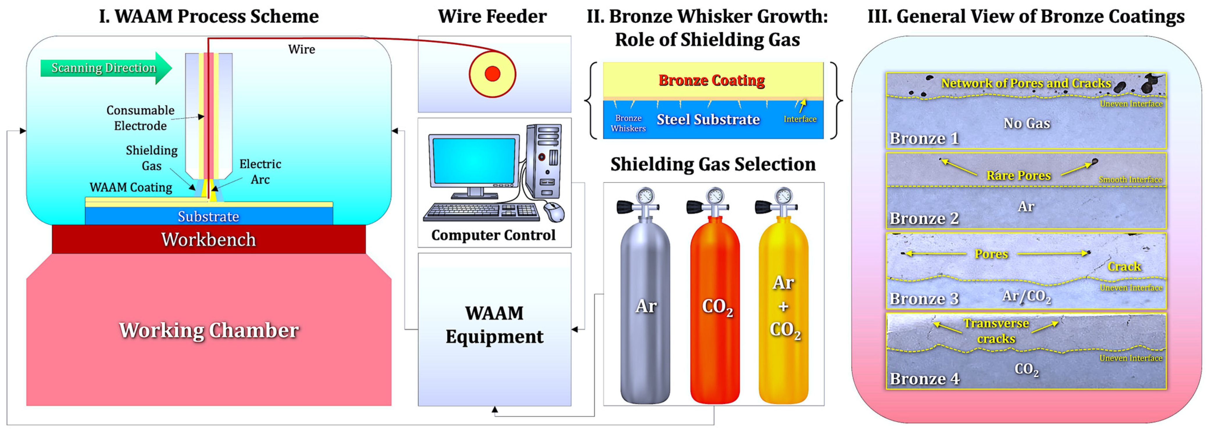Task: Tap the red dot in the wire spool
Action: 492,74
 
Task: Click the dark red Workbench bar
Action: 209,239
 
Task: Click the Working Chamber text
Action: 209,330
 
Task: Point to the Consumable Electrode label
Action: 140,118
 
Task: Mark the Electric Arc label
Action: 260,172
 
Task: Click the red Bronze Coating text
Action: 711,80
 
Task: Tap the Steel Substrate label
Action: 708,119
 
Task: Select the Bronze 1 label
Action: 923,139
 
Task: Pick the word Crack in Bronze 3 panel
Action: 1124,266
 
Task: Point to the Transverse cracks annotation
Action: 996,331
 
